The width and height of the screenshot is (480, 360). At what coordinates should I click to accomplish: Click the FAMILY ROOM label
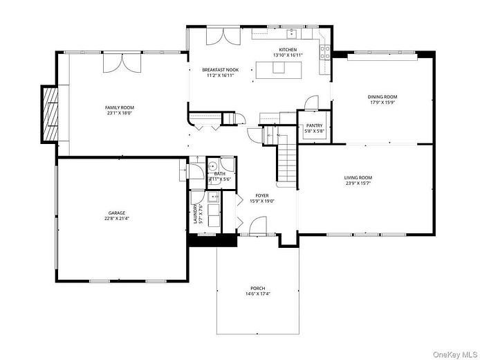point(120,107)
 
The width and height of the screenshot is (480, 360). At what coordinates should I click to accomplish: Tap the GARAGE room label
point(116,213)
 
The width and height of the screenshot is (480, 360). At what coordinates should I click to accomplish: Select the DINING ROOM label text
point(383,97)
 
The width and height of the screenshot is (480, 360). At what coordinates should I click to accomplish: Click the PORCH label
point(258,288)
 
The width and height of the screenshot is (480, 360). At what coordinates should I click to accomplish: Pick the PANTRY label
point(314,126)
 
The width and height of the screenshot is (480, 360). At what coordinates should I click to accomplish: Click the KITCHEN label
point(288,50)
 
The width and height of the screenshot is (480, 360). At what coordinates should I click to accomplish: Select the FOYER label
point(262,196)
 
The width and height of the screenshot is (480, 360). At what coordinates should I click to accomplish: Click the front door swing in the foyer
point(257,226)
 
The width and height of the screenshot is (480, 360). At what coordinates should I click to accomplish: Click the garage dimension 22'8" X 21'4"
point(116,218)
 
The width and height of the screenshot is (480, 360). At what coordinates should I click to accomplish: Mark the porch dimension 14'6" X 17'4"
point(258,294)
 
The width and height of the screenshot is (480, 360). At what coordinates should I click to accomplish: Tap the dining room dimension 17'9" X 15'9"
point(383,102)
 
